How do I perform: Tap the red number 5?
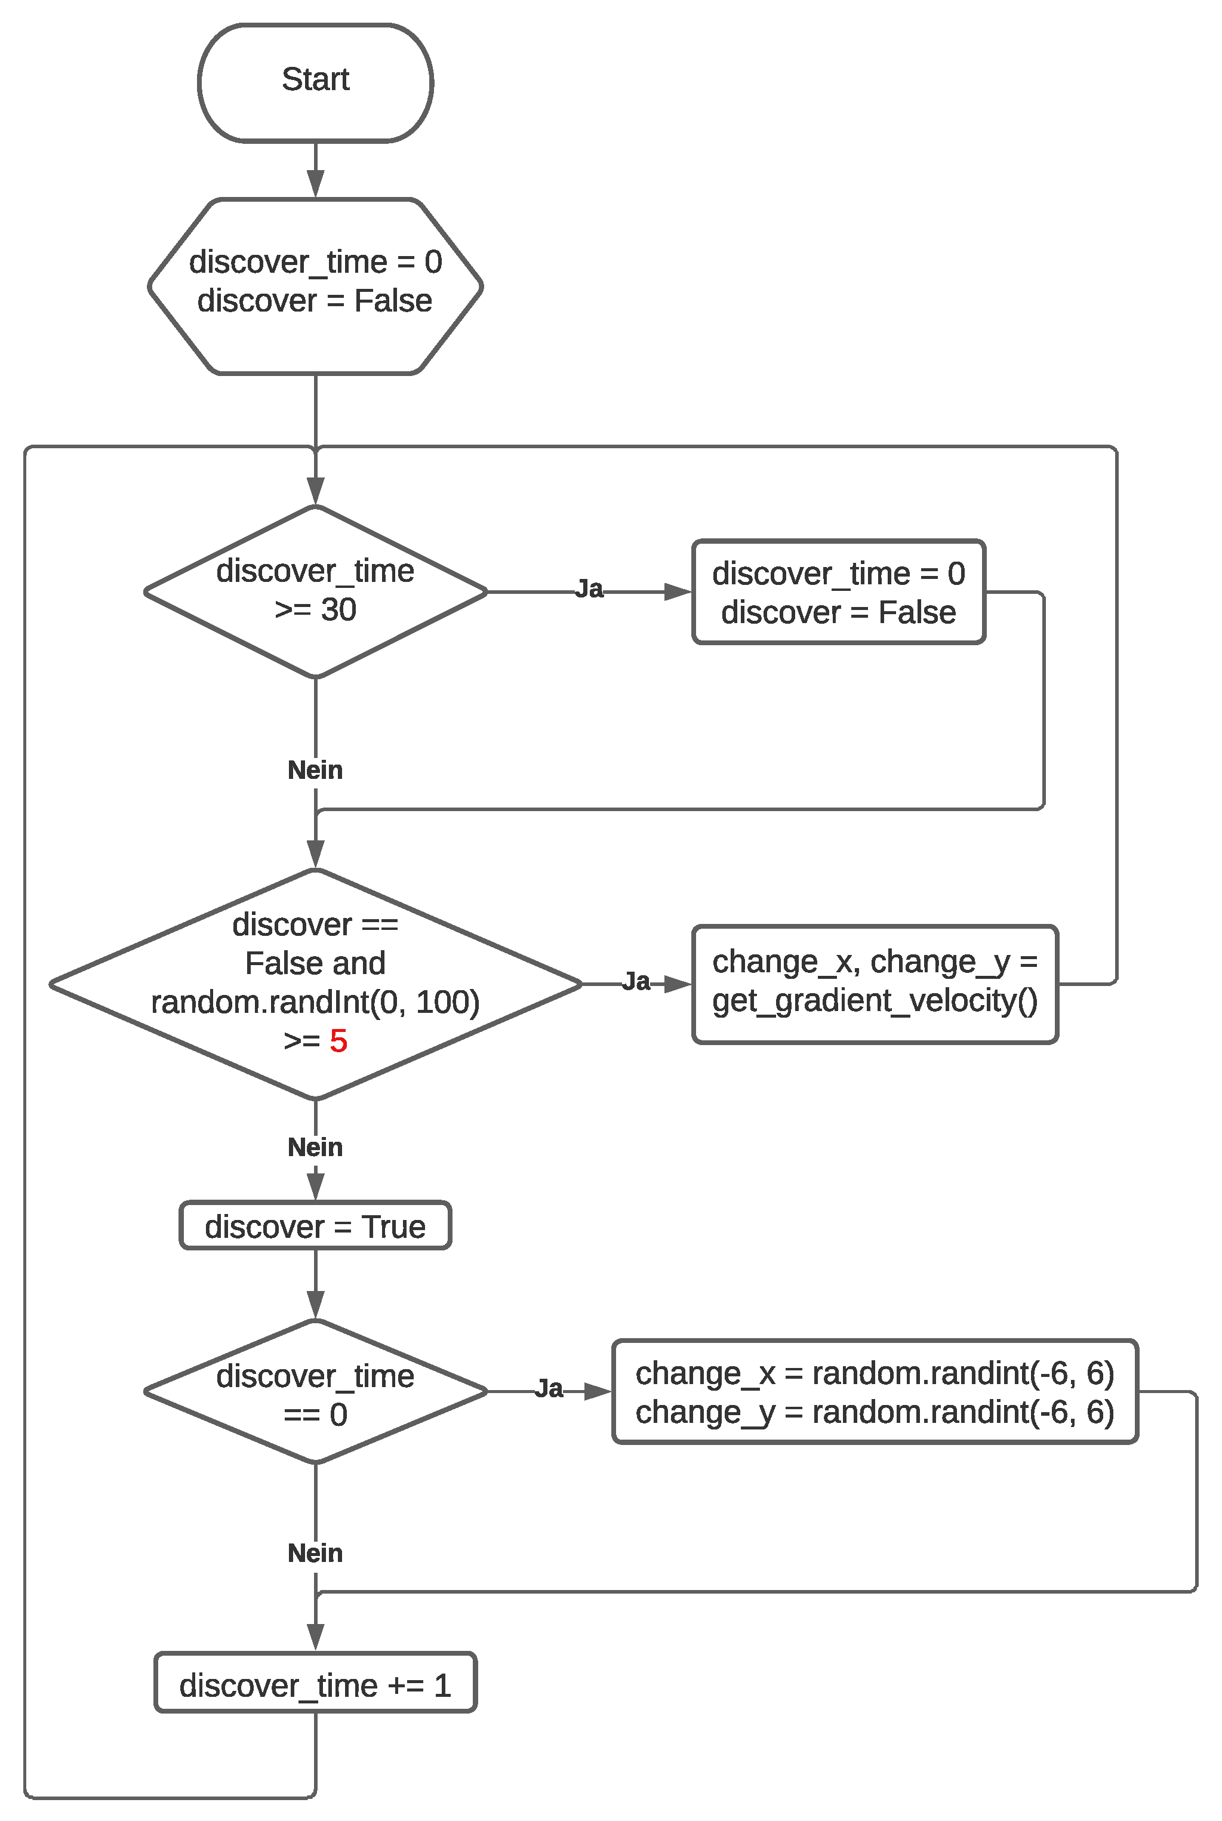click(338, 1041)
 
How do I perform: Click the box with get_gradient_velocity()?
click(875, 984)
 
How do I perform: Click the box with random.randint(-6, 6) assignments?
click(875, 1392)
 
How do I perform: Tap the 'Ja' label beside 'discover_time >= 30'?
click(589, 589)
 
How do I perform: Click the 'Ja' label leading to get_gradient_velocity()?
click(636, 981)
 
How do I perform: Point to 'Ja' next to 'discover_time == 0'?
click(549, 1388)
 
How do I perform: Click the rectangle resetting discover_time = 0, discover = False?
click(839, 591)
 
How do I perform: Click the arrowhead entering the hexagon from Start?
click(316, 184)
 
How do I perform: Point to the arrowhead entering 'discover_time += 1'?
click(316, 1637)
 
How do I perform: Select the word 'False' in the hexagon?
click(393, 301)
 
